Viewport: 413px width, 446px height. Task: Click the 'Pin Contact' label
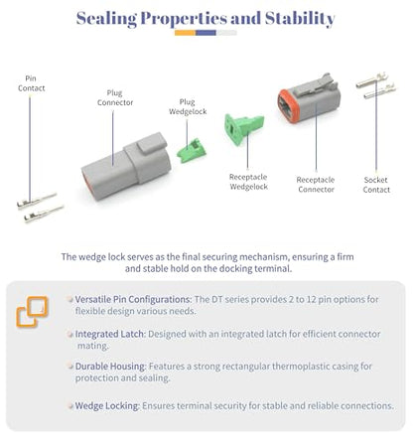32,83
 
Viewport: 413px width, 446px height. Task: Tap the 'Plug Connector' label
115,97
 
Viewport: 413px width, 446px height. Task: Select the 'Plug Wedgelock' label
188,106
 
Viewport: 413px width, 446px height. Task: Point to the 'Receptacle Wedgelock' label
248,182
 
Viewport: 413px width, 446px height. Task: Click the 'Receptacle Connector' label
316,185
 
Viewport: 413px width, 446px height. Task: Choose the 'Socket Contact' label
376,185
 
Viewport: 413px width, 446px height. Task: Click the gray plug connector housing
126,167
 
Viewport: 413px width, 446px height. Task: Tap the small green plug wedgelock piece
192,151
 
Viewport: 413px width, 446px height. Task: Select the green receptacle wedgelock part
243,129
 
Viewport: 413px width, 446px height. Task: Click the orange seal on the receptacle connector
288,106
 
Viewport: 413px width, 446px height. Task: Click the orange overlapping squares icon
32,312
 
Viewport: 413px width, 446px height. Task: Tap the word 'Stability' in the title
300,19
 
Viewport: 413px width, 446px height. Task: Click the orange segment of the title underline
185,33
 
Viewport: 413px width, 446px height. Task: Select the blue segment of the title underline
206,33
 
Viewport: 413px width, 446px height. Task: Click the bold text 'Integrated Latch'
110,334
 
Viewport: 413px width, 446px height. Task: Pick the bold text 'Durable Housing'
110,367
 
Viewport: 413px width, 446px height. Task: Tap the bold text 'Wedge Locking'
107,405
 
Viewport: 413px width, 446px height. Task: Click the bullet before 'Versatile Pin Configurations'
69,299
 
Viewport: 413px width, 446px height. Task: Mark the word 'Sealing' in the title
106,19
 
